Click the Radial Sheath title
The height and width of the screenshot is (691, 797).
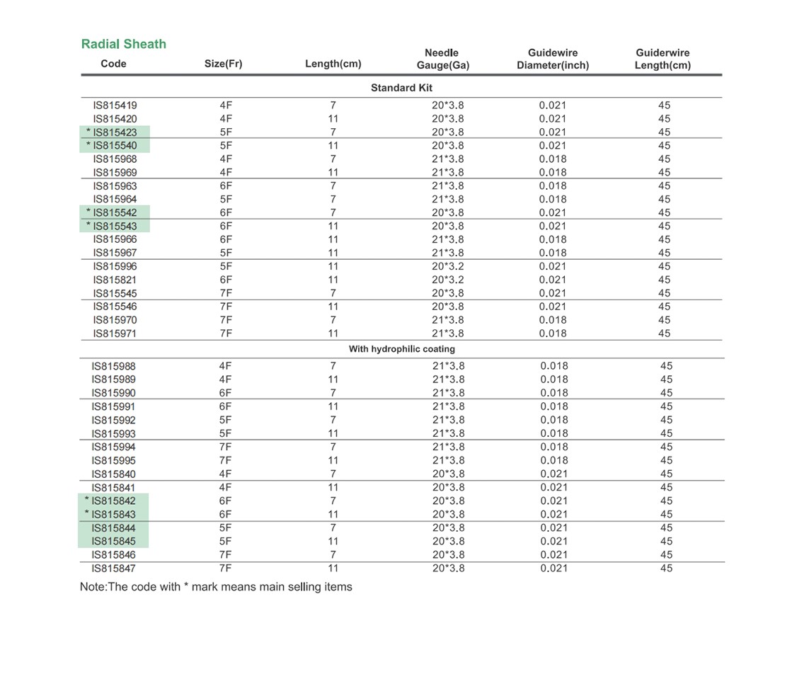(x=124, y=44)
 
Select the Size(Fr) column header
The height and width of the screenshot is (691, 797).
(x=223, y=64)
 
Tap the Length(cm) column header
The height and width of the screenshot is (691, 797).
(x=333, y=64)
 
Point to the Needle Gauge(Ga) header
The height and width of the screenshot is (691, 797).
(x=442, y=59)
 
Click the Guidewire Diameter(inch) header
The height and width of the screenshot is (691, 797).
(x=553, y=59)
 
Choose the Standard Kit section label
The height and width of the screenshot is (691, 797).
(x=401, y=88)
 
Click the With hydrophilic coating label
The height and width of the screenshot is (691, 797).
(x=401, y=349)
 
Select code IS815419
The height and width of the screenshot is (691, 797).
(x=115, y=105)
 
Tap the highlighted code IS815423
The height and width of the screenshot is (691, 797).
(x=115, y=132)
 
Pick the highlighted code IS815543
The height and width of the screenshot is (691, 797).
(x=115, y=226)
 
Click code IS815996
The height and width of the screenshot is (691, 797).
(x=115, y=266)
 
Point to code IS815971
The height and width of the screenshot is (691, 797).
(x=115, y=333)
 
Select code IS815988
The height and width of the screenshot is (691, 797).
(x=113, y=366)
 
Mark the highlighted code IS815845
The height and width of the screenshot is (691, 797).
(x=113, y=542)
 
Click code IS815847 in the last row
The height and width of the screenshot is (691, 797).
(x=113, y=569)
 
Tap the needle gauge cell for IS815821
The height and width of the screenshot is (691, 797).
(x=448, y=280)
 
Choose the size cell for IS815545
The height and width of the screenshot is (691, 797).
(x=226, y=293)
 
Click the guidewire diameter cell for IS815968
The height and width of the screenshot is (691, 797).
(x=553, y=159)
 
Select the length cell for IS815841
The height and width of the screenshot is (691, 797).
(x=333, y=487)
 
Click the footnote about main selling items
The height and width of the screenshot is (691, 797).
(x=216, y=587)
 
